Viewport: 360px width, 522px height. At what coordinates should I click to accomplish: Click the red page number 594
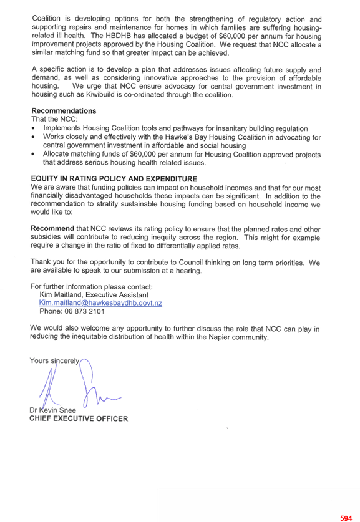346,518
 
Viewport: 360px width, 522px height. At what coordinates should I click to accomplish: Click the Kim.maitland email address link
100,303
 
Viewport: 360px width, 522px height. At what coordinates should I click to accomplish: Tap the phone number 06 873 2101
85,311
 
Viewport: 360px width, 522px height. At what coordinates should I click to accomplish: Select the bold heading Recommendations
64,111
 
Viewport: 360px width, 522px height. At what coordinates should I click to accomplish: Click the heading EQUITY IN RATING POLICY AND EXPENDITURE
114,179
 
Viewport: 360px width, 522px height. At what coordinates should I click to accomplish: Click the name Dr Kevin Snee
52,410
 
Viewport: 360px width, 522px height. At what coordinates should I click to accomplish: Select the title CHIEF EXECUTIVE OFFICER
79,419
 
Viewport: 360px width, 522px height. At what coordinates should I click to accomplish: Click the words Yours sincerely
55,360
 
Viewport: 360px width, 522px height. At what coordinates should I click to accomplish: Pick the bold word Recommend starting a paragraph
52,228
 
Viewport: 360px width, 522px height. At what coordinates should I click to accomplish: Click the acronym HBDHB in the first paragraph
119,36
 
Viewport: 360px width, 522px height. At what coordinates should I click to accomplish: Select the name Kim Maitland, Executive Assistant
94,295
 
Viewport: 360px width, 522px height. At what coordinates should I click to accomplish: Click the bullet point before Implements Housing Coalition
33,128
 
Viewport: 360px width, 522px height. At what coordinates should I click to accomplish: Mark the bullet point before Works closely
33,137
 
